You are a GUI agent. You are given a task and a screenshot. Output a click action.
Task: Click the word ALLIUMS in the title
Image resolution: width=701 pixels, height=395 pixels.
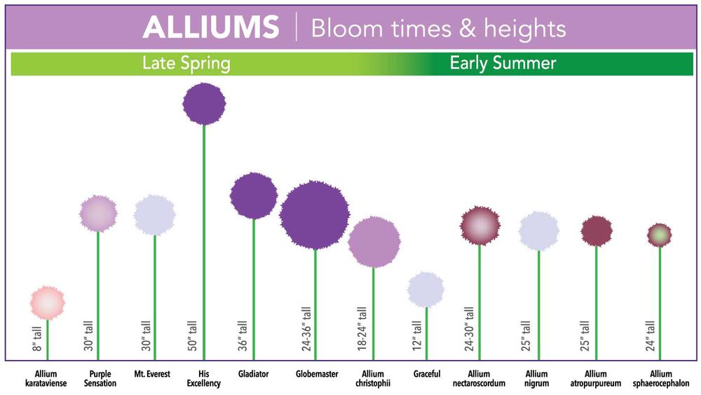(211, 27)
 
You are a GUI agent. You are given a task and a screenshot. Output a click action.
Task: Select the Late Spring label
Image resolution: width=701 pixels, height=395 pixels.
(186, 63)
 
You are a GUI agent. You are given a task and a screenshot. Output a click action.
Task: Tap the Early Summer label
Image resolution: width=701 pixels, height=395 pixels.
(503, 63)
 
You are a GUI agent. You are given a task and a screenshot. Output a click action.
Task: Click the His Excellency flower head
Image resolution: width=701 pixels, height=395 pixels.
(204, 104)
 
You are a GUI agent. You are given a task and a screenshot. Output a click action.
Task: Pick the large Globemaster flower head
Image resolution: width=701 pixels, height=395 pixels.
(315, 215)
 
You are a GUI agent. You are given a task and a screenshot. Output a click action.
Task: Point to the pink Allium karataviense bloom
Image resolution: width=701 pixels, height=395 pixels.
(48, 303)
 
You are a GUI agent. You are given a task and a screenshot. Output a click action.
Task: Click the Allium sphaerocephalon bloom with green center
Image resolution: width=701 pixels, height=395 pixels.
(660, 235)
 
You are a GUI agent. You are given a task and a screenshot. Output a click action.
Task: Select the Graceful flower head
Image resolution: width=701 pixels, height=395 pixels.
(426, 289)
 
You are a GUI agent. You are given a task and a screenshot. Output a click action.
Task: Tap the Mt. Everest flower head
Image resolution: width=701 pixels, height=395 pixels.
(154, 215)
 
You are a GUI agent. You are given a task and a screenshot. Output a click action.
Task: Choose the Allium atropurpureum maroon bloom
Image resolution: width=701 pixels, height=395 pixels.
(597, 231)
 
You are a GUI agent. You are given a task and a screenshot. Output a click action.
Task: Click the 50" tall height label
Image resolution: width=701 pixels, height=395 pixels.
(192, 335)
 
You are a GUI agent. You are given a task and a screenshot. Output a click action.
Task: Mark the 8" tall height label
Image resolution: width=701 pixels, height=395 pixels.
(36, 339)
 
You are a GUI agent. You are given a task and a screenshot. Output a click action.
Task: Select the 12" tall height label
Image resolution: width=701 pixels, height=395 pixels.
(416, 335)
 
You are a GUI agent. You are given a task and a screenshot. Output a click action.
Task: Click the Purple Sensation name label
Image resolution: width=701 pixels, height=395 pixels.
(100, 378)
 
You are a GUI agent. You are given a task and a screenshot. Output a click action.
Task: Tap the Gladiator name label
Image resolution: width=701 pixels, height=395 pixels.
(254, 374)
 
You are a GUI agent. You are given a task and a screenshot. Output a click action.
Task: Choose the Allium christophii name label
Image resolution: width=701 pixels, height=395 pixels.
(373, 378)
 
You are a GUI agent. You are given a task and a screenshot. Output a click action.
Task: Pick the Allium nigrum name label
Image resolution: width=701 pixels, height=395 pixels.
(536, 378)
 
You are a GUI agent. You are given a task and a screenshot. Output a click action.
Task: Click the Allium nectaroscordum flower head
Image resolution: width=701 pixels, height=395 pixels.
(480, 226)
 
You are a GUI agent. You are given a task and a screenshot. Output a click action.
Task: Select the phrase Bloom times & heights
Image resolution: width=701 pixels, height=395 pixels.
(439, 29)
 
